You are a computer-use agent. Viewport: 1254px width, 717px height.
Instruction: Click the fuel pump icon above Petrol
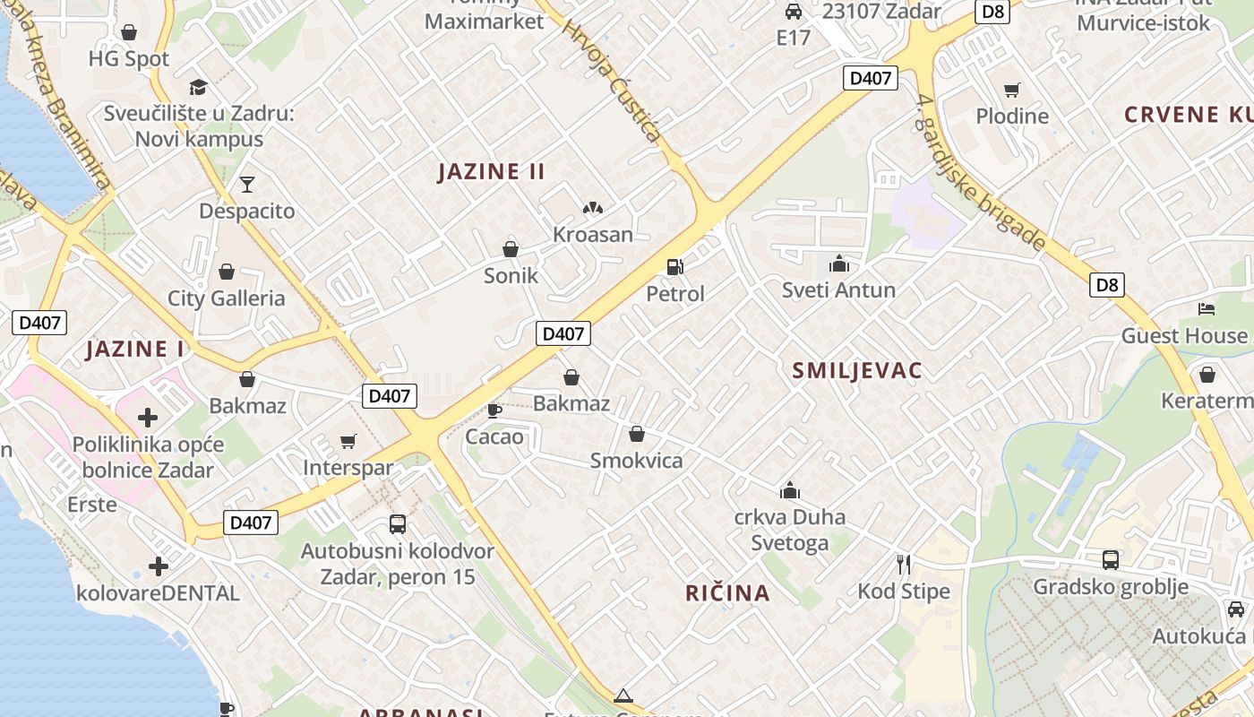(674, 267)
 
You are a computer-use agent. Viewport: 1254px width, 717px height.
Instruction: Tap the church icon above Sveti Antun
(838, 263)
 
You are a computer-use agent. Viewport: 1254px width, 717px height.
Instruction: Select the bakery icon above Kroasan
(592, 209)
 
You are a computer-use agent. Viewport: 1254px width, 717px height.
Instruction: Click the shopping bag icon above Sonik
(511, 249)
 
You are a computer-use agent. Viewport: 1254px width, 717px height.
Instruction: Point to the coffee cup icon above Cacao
(493, 410)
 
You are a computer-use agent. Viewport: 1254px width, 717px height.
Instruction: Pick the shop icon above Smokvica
(636, 435)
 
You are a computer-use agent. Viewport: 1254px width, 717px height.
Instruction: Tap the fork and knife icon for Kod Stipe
(903, 565)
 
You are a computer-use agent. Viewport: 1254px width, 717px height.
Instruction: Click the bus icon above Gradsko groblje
(1111, 560)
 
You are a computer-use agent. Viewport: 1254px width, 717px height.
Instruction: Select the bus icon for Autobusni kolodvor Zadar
(397, 524)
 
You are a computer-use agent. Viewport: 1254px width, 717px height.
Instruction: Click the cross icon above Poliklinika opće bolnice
(148, 418)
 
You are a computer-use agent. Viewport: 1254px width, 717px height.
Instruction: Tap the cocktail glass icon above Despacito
(246, 185)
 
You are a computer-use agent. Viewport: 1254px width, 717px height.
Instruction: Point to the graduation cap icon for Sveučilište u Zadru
(198, 87)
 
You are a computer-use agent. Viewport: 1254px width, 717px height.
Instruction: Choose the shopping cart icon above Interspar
(348, 441)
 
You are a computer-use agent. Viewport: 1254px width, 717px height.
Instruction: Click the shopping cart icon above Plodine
(1012, 90)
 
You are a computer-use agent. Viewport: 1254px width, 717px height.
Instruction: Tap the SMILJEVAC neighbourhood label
(857, 371)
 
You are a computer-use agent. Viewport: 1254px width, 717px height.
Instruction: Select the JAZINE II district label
(491, 172)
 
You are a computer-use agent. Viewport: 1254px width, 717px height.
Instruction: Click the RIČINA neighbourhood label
(727, 592)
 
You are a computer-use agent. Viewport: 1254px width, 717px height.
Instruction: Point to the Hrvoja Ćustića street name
(612, 81)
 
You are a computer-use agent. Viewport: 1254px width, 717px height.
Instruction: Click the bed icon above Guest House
(1207, 309)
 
